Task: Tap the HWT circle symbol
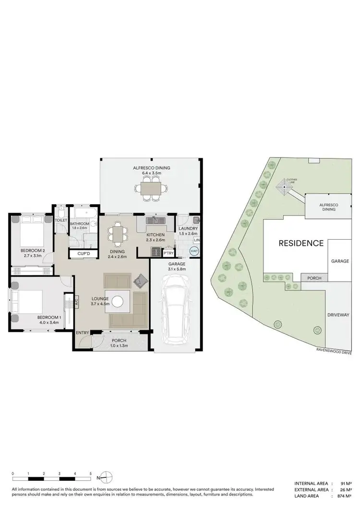194,251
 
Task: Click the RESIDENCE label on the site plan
301,243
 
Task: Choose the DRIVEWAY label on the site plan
338,315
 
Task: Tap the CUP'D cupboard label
78,254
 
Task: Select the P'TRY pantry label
168,253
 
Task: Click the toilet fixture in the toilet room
61,213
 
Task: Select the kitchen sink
155,220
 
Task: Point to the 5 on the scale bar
90,474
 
